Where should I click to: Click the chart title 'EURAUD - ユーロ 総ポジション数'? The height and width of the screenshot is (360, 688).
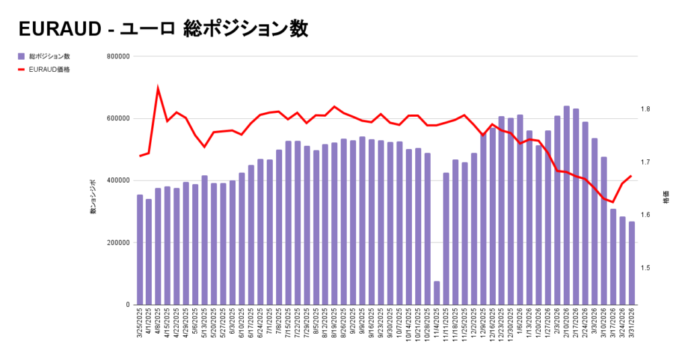(x=163, y=29)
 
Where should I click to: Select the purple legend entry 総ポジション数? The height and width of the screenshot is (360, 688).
(x=44, y=56)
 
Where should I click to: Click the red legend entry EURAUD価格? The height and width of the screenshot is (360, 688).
(x=44, y=69)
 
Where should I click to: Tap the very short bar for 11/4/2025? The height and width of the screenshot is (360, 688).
(x=437, y=293)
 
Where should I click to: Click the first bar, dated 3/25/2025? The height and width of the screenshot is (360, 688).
(x=140, y=250)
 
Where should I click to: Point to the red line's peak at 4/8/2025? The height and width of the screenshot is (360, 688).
(x=158, y=88)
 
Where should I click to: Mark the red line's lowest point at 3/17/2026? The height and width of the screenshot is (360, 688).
(x=613, y=202)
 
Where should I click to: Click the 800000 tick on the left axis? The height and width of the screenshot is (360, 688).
(x=118, y=56)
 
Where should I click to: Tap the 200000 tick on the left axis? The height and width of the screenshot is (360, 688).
(x=118, y=242)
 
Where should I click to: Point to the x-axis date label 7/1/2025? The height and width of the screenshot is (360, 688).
(x=269, y=327)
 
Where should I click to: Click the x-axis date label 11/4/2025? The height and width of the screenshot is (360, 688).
(x=437, y=327)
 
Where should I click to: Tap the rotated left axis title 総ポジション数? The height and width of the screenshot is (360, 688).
(x=93, y=196)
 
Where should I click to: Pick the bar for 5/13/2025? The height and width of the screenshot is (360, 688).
(x=204, y=240)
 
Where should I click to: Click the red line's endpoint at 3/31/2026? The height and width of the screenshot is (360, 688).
(x=631, y=176)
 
